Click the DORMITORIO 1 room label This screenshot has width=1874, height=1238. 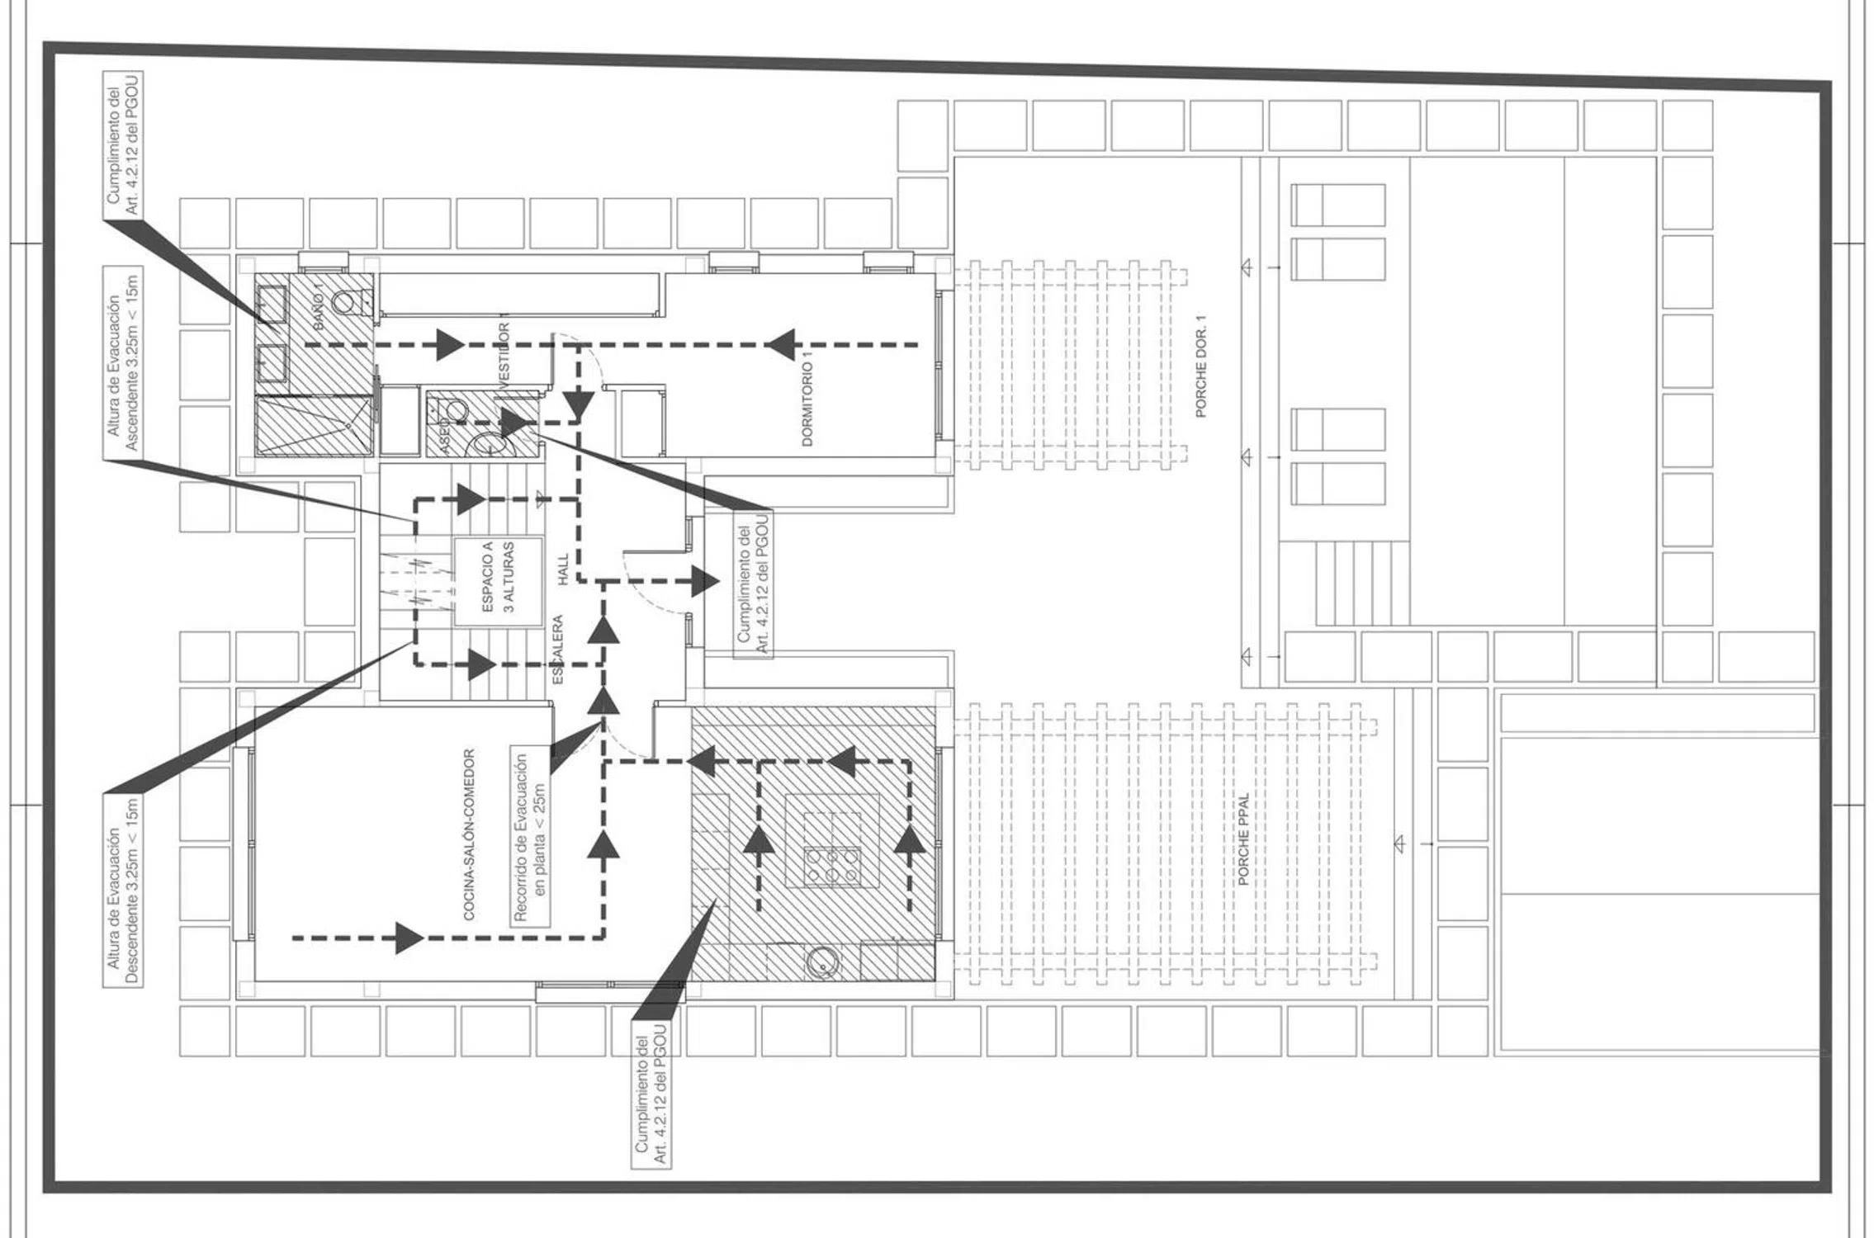coord(807,399)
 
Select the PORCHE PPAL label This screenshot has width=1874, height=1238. coord(1243,839)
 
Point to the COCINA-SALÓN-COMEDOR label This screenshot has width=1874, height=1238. coord(469,834)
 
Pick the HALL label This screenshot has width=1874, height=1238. coord(563,569)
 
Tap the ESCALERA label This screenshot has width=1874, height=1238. coord(557,649)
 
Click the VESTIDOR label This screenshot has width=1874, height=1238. coord(504,353)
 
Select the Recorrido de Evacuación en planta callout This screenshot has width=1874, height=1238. coord(531,837)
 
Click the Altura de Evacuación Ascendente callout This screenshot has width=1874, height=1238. coord(123,362)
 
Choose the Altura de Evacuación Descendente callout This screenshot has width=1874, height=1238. coord(123,891)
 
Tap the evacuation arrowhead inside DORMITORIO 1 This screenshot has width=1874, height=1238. coord(780,344)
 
